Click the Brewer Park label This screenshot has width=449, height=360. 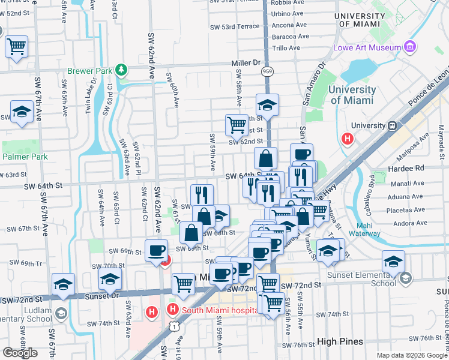[89, 71]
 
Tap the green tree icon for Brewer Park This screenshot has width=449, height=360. [122, 71]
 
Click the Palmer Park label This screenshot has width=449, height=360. [25, 157]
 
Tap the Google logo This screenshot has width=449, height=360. [20, 352]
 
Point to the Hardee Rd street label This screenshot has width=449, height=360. [411, 169]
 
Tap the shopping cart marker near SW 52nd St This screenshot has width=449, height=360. [17, 45]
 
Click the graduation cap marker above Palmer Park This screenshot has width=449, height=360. [22, 112]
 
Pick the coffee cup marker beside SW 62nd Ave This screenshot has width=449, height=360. [157, 250]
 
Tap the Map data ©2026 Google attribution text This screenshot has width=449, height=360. [412, 355]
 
